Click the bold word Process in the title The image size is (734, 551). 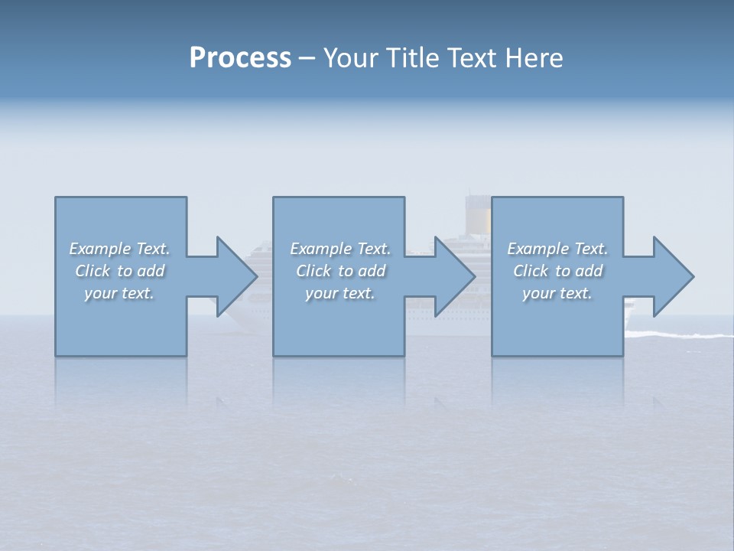coord(240,58)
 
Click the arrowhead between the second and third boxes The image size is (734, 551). coord(454,276)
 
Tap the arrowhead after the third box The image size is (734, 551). coord(673,276)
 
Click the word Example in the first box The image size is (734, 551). coord(99,249)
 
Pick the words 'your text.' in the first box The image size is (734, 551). coord(119,293)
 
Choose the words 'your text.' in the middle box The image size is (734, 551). coord(340,293)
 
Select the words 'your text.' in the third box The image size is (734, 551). coord(557,293)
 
